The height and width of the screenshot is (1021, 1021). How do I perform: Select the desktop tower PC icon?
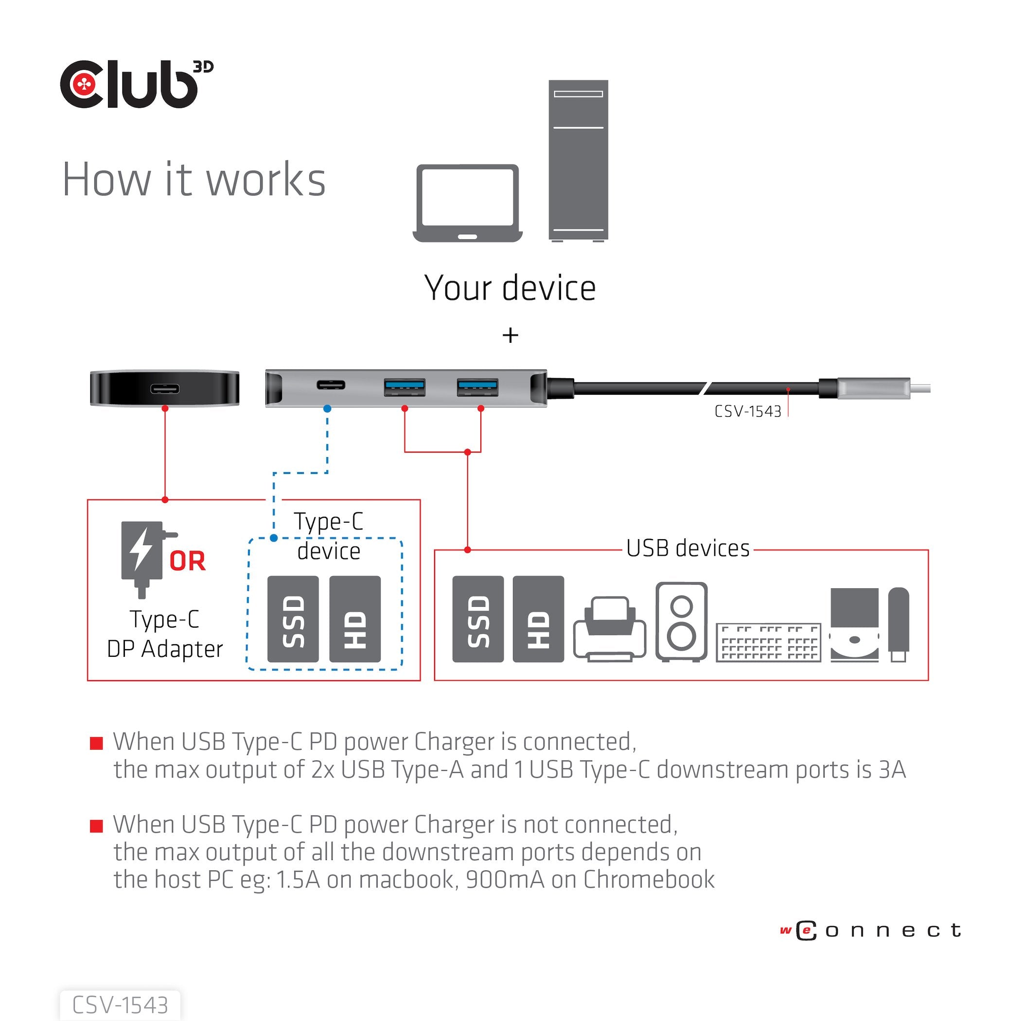(x=578, y=160)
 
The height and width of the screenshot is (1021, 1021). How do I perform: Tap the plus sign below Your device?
(x=510, y=335)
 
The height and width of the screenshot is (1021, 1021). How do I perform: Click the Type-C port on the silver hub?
(x=331, y=384)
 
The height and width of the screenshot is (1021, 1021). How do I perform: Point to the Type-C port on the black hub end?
(x=164, y=389)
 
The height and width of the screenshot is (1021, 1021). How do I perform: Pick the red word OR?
(x=187, y=561)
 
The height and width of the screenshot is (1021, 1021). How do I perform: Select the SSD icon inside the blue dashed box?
(x=293, y=619)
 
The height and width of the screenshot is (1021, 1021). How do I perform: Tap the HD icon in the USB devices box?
(x=538, y=619)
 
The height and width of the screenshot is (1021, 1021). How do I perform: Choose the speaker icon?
(x=681, y=621)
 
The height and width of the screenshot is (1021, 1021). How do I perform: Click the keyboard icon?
(x=768, y=642)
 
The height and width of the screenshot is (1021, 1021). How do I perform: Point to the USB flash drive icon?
(x=898, y=624)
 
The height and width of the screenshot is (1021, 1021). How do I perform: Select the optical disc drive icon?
(x=854, y=624)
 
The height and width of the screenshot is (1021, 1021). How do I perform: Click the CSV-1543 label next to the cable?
(x=747, y=412)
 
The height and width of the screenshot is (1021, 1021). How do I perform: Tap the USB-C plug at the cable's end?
(x=873, y=388)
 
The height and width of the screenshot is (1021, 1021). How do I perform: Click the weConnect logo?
(x=869, y=930)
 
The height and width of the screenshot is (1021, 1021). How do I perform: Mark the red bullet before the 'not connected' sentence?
(x=96, y=826)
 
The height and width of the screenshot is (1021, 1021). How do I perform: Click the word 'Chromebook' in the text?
(x=649, y=880)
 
